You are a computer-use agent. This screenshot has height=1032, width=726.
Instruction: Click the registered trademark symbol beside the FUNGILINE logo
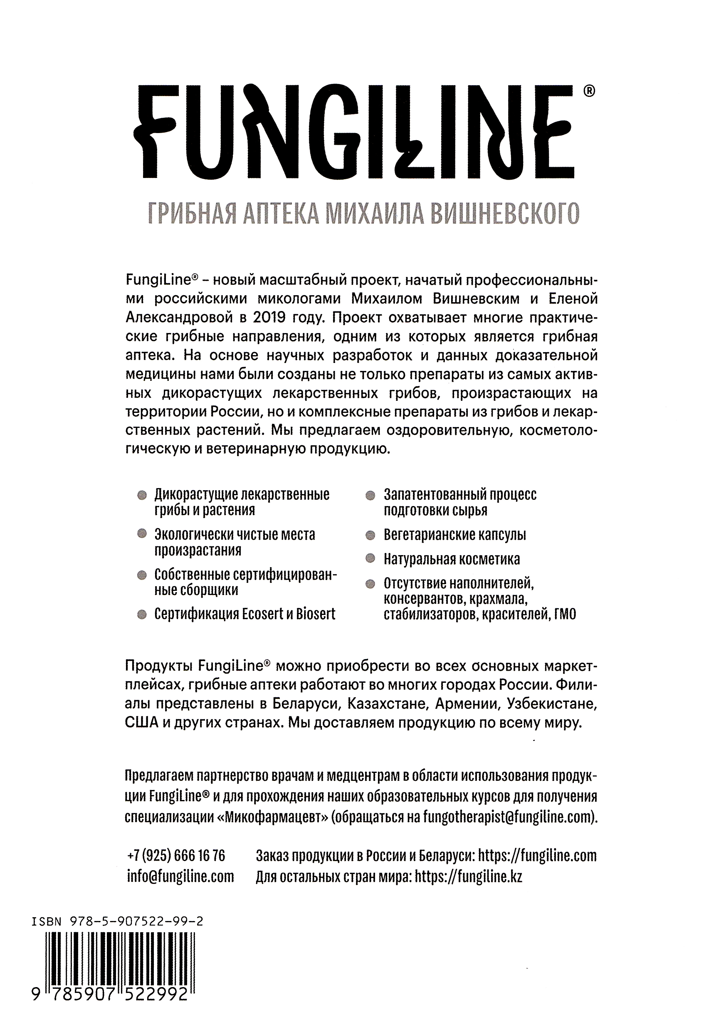pyautogui.click(x=588, y=91)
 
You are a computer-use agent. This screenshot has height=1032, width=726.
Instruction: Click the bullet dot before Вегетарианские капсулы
pyautogui.click(x=370, y=535)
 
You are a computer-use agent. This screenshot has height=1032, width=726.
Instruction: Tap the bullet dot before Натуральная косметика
pyautogui.click(x=370, y=559)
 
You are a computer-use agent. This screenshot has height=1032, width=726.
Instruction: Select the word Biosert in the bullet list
pyautogui.click(x=316, y=614)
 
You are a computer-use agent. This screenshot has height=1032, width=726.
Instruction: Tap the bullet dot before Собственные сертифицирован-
pyautogui.click(x=142, y=575)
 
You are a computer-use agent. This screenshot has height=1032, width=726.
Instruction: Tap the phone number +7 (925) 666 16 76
pyautogui.click(x=176, y=855)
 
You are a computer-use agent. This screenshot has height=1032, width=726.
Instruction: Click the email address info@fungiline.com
pyautogui.click(x=180, y=876)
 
